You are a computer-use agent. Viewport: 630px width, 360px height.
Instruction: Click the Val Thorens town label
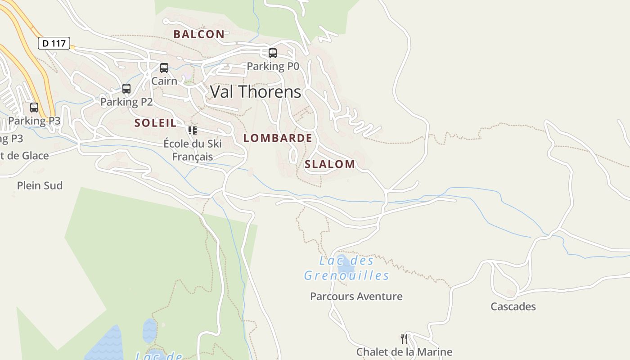point(256,92)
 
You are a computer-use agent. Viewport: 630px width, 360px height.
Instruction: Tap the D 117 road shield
point(54,44)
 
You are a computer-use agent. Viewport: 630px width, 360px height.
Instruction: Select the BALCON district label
point(199,34)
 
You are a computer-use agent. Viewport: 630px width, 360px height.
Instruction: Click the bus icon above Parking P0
point(272,53)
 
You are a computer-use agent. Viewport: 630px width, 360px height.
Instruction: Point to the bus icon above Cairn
point(164,68)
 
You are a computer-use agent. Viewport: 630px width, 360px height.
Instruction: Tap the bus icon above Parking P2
point(126,89)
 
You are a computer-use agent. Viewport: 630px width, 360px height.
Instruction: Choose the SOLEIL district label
point(155,123)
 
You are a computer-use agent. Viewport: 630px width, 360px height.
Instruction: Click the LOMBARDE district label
point(278,138)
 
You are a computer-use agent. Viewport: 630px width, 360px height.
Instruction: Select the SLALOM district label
point(330,164)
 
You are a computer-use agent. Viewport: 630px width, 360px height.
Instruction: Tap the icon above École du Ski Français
point(193,130)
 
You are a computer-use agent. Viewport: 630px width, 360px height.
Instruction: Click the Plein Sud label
point(40,185)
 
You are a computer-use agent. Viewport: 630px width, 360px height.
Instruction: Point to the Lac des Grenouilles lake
point(342,265)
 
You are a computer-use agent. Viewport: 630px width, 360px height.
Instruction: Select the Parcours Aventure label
point(356,297)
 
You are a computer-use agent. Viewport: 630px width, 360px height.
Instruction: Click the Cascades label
point(513,307)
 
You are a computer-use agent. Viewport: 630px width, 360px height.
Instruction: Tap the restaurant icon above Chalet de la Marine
point(404,338)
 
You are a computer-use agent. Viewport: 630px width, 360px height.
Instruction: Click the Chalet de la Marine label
point(404,352)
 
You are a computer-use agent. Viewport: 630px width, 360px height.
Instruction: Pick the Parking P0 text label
point(273,67)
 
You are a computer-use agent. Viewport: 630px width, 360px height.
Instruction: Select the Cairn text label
point(164,81)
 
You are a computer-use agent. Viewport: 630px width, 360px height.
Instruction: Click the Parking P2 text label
point(126,102)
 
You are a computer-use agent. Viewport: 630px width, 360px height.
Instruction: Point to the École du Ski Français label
point(193,150)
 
